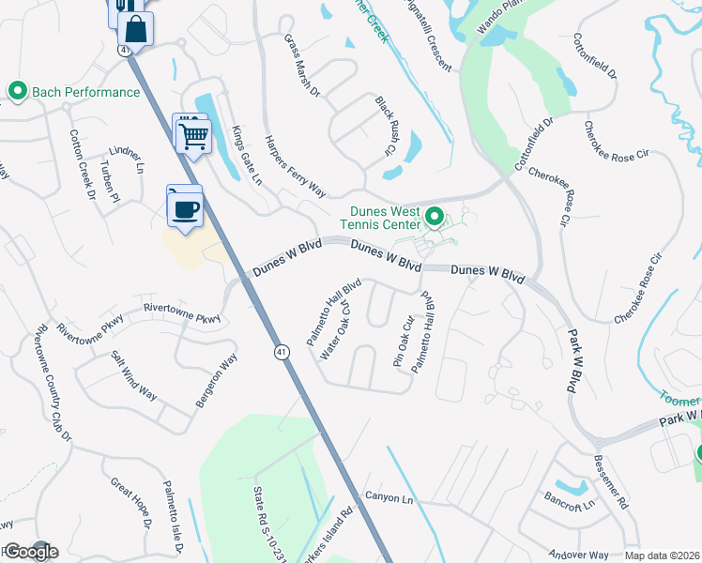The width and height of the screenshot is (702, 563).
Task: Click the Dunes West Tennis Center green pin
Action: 434,218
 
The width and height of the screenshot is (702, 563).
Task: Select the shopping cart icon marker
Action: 193,135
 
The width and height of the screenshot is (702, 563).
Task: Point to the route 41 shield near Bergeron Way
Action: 282,351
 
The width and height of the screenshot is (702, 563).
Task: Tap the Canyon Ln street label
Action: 389,497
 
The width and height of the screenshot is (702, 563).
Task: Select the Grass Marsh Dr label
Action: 302,66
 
